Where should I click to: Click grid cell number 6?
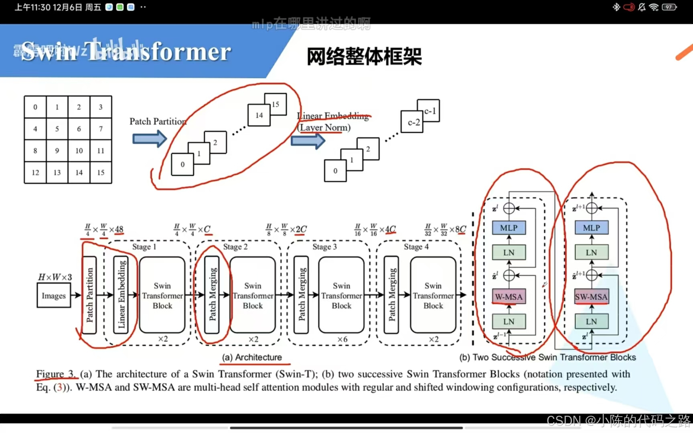[x=79, y=129]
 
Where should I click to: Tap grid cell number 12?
[x=35, y=172]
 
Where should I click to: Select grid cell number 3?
[x=101, y=107]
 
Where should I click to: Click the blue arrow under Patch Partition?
[x=149, y=139]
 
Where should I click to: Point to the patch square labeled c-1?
[x=429, y=111]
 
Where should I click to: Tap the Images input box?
[x=54, y=295]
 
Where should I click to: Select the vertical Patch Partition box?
[x=89, y=295]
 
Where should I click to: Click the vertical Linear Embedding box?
[x=121, y=295]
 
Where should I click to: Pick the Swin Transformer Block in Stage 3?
[x=341, y=295]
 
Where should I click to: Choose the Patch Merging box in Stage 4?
[x=391, y=295]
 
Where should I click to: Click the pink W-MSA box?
[x=509, y=297]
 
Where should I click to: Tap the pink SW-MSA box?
[x=591, y=297]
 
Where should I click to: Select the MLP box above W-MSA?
[x=509, y=228]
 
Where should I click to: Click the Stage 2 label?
[x=235, y=247]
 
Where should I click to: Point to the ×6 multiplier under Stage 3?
[x=342, y=339]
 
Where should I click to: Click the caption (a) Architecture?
[x=252, y=357]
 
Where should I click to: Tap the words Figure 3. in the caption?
[x=56, y=374]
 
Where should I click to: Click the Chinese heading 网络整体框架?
[x=364, y=56]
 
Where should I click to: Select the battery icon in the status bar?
[x=669, y=7]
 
